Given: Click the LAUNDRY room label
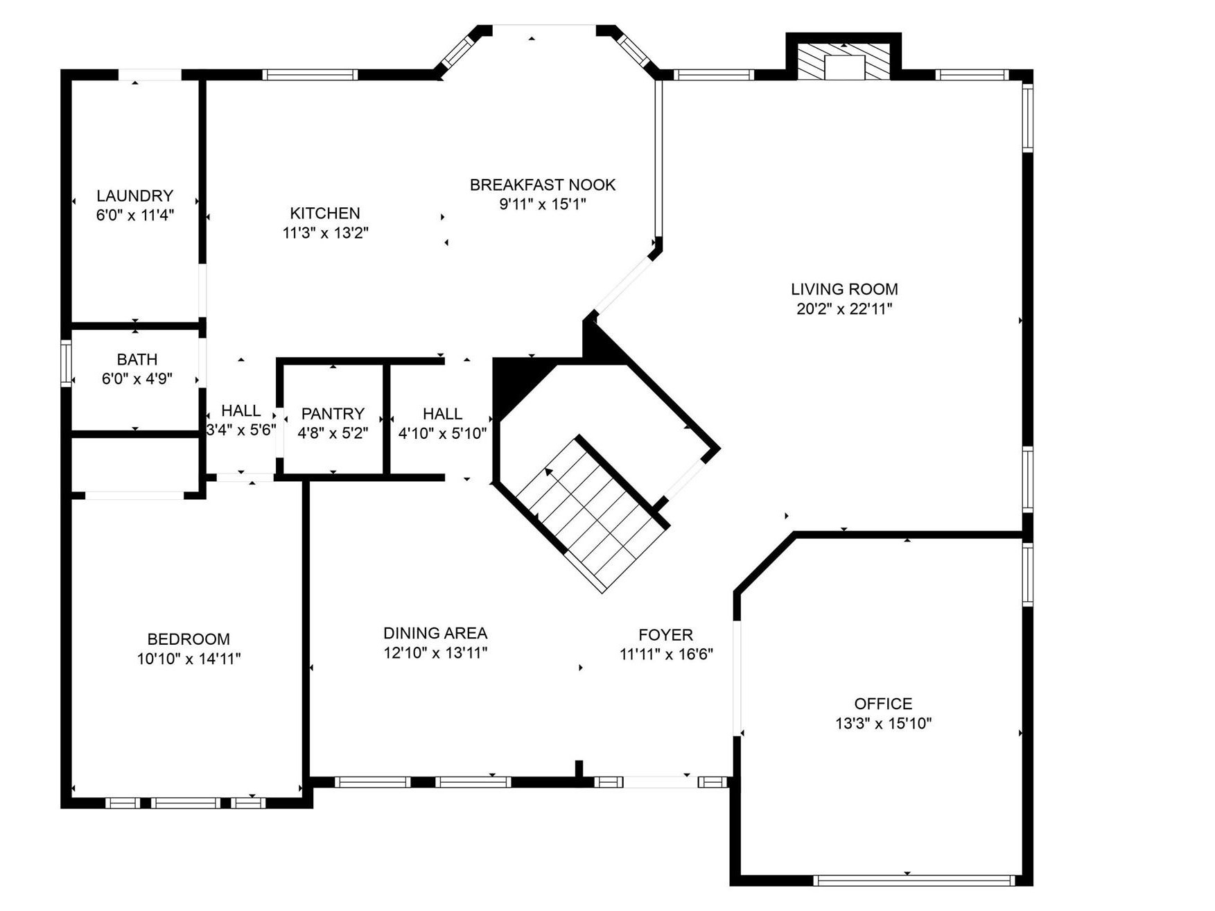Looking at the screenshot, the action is click(x=134, y=196).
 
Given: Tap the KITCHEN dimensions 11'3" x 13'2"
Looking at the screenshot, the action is click(x=325, y=233).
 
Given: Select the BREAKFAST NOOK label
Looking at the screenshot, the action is click(x=543, y=184).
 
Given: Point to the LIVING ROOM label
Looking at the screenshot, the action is click(x=844, y=289).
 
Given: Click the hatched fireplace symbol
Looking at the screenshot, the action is click(x=843, y=62).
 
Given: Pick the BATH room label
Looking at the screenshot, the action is click(x=137, y=359).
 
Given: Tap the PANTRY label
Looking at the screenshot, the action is click(x=333, y=413).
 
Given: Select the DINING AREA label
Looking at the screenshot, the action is click(x=435, y=633).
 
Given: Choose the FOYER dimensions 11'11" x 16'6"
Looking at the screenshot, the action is click(x=666, y=654).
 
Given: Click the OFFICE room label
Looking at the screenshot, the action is click(x=883, y=704).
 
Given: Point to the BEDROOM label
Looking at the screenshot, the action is click(x=189, y=639).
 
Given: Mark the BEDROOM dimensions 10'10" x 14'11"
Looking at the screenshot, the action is click(x=189, y=659).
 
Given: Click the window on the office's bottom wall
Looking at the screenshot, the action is click(x=914, y=880).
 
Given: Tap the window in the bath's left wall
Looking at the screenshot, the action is click(x=67, y=363).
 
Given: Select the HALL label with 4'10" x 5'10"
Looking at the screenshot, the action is click(x=442, y=414).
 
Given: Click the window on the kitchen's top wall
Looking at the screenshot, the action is click(x=311, y=75).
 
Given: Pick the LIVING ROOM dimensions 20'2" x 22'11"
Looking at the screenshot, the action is click(x=844, y=309).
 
